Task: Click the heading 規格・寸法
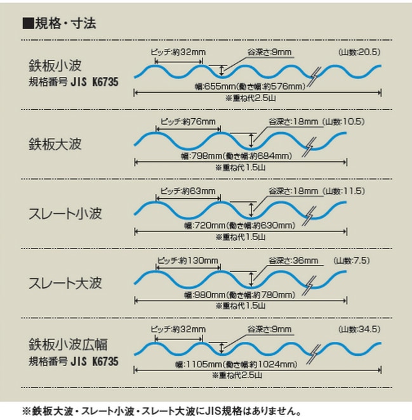click(x=65, y=24)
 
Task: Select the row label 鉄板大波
click(x=55, y=144)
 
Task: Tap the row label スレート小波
click(x=65, y=213)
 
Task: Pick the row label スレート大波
click(x=65, y=283)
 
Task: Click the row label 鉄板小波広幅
click(x=68, y=344)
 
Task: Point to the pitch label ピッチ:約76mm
click(x=188, y=122)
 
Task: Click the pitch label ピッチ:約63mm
click(x=188, y=191)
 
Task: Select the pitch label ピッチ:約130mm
click(x=187, y=261)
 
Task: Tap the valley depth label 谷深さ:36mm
click(x=293, y=261)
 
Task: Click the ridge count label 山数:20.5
click(x=359, y=52)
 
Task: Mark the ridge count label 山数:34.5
click(x=359, y=329)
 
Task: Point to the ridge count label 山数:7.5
click(x=351, y=261)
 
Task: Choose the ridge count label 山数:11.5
click(x=344, y=191)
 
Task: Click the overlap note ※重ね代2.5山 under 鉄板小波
click(x=250, y=98)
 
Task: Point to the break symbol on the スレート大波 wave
click(x=310, y=286)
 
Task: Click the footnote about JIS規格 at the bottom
click(x=161, y=411)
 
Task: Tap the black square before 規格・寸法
click(x=28, y=24)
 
